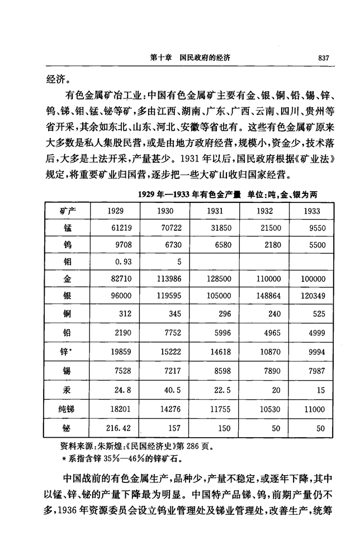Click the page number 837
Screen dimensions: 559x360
pos(325,57)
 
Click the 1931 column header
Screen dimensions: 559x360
pos(215,211)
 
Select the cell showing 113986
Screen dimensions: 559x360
pos(163,279)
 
